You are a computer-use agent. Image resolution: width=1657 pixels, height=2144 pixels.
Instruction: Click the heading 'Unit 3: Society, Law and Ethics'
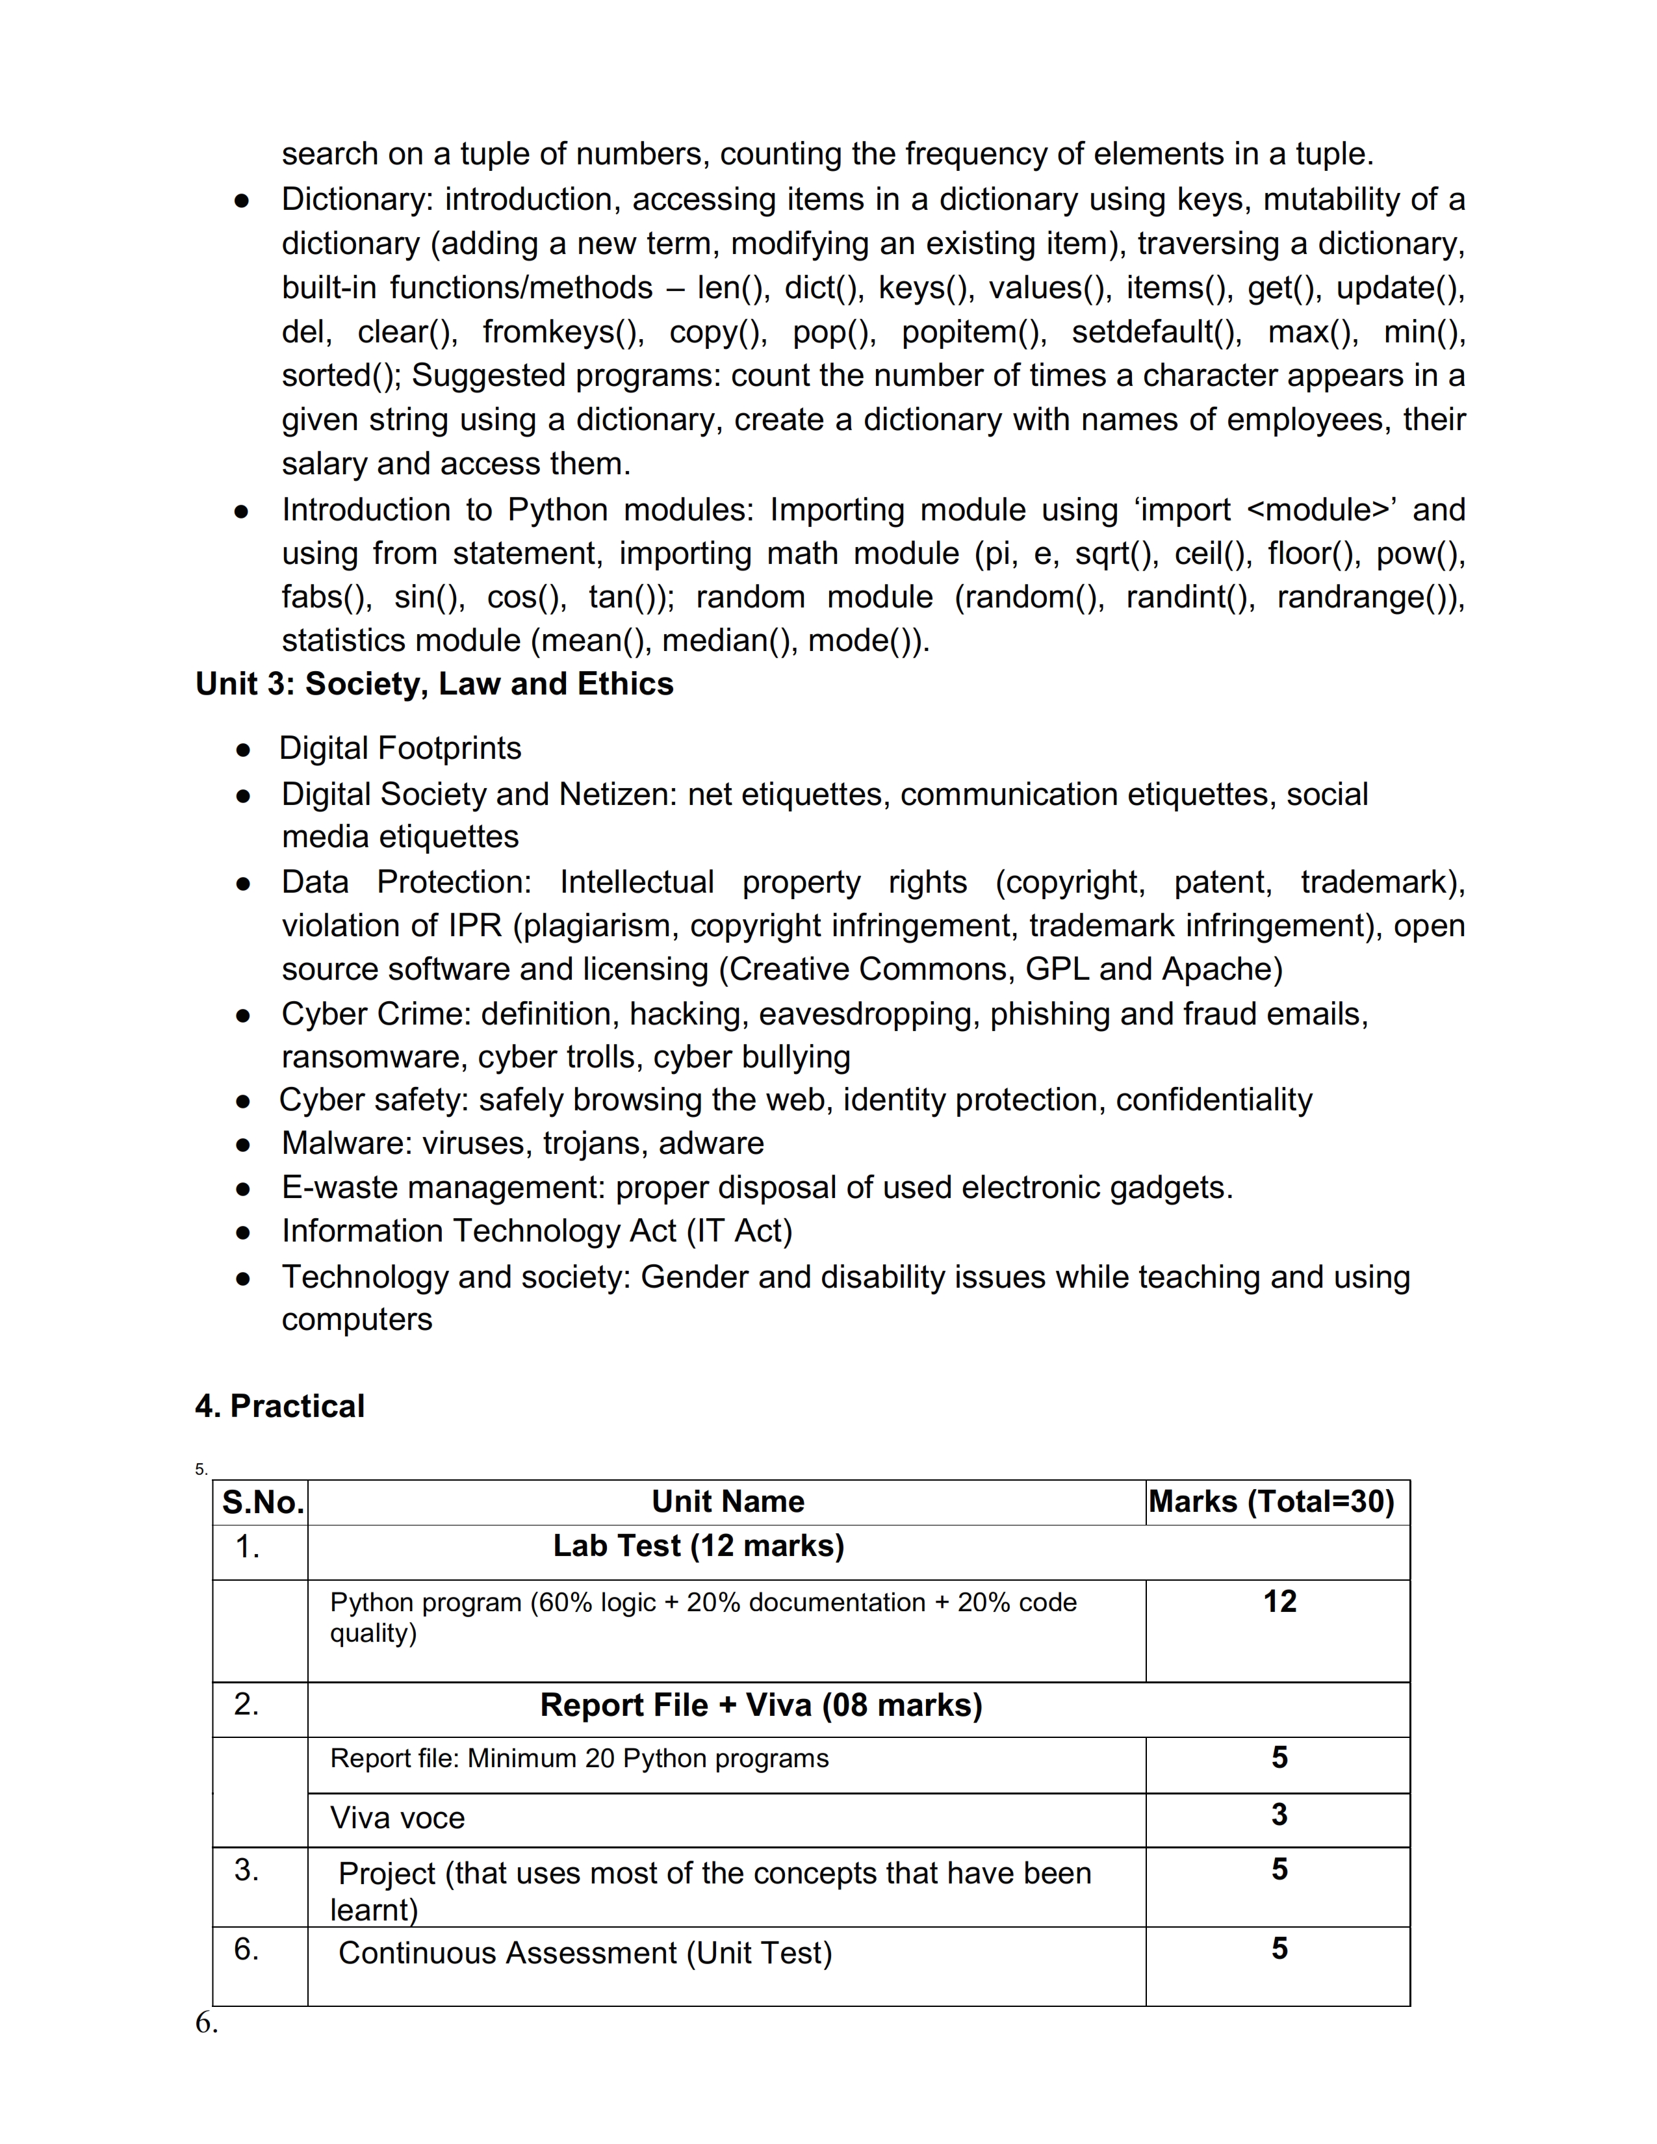coord(434,684)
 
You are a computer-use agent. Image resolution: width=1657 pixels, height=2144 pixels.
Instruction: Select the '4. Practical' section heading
coord(280,1406)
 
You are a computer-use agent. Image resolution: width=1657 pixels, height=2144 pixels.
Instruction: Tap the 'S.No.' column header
coord(262,1502)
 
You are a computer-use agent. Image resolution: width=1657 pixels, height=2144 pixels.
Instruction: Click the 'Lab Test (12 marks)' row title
coord(698,1546)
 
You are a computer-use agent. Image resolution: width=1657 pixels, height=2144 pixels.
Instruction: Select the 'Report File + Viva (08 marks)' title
coord(761,1705)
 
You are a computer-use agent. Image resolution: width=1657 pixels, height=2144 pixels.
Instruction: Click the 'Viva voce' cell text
coord(398,1818)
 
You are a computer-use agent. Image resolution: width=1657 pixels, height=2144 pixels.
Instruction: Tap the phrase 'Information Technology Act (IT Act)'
coord(537,1231)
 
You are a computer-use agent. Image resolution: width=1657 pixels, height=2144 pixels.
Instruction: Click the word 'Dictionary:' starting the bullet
coord(357,199)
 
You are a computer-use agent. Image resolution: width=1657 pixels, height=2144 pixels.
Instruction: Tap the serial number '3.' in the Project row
coord(246,1869)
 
